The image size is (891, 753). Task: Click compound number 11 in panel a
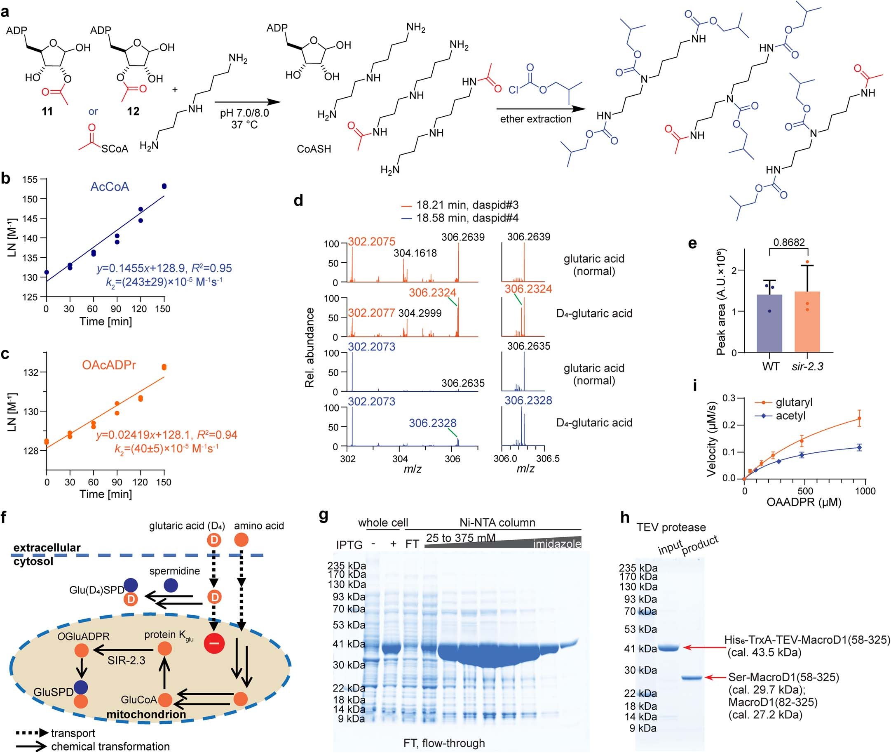(x=47, y=111)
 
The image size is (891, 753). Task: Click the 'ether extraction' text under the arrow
(x=536, y=119)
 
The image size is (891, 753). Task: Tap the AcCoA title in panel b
(x=110, y=187)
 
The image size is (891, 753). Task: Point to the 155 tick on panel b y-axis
(x=30, y=179)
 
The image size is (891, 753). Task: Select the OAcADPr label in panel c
(x=109, y=365)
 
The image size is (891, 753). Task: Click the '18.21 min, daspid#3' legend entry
(x=467, y=205)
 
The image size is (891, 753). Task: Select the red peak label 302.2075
(x=371, y=242)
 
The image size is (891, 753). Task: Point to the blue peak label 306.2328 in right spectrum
(x=528, y=400)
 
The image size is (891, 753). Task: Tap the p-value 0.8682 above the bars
(x=789, y=242)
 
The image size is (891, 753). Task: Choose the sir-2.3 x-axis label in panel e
(x=807, y=366)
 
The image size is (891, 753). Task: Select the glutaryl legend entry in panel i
(x=794, y=402)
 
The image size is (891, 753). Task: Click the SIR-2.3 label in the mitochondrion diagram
(x=126, y=660)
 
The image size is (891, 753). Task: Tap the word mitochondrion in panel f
(x=146, y=714)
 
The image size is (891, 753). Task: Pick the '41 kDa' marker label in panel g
(x=349, y=644)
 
